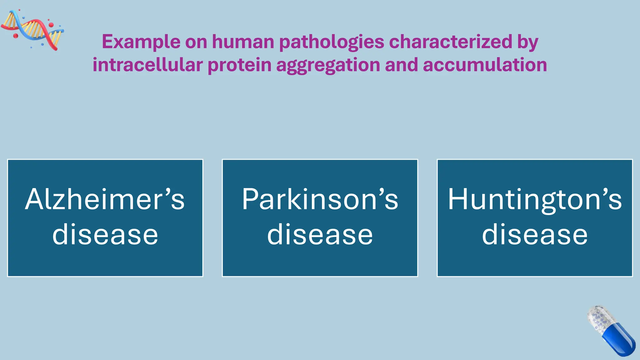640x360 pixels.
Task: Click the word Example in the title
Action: pos(141,42)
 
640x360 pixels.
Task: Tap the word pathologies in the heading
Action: pos(331,42)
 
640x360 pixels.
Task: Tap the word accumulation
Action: pos(485,65)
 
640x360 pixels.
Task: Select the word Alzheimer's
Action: pos(105,199)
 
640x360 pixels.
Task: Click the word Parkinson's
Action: pos(320,199)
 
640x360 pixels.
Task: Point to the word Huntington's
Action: pos(535,199)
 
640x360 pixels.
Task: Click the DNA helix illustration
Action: pos(33,30)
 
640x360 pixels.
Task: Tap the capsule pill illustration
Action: pos(611,331)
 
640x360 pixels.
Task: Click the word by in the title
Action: pos(528,42)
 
